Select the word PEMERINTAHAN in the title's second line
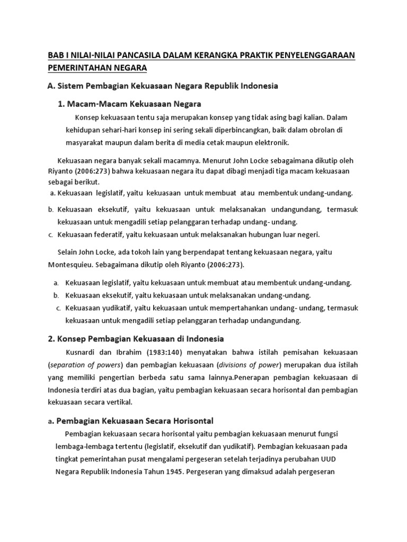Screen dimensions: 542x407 tap(81, 68)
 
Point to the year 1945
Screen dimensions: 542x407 tap(167, 471)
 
